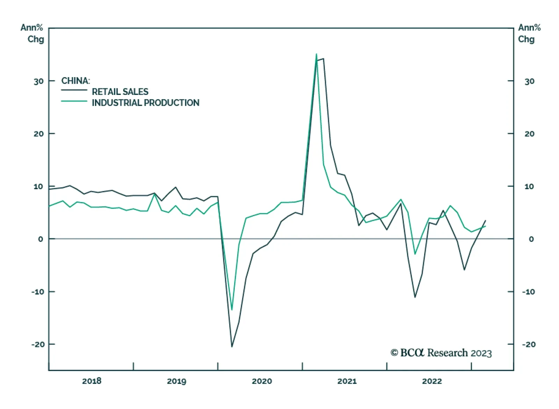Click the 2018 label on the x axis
(92, 381)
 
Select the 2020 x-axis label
(262, 381)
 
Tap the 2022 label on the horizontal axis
(432, 381)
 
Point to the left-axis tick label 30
(38, 81)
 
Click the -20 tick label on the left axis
(38, 344)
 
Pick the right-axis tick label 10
(529, 186)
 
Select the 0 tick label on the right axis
(531, 239)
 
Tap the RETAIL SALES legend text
(120, 92)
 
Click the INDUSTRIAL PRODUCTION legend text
(145, 103)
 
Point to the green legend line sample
(74, 101)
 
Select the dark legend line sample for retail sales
(74, 90)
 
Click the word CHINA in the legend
(75, 81)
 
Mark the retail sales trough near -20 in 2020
(232, 347)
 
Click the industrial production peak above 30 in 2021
(316, 54)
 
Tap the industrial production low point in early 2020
(232, 310)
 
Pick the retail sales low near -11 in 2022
(415, 297)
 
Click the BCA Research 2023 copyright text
(441, 353)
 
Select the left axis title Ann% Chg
(33, 33)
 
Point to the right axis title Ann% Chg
(529, 33)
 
